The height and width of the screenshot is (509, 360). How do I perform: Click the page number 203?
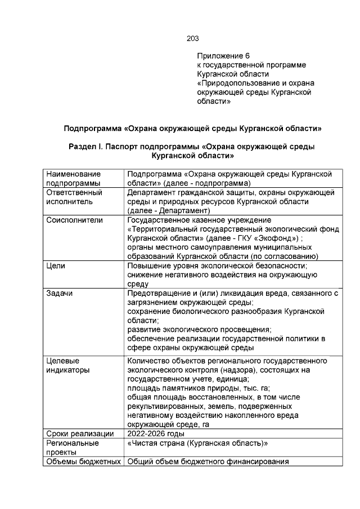pos(192,39)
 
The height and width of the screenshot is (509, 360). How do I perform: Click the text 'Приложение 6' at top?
pos(223,56)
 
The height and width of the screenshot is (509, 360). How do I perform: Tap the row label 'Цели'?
pos(56,265)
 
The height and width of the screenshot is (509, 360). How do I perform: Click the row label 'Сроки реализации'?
pos(79,434)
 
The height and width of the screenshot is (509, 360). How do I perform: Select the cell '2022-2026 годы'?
pos(156,434)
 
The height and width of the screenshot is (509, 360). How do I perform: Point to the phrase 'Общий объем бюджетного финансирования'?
pos(208,462)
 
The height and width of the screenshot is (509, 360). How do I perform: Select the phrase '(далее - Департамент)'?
pos(169,210)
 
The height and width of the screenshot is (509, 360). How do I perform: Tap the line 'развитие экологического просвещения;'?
pos(199,330)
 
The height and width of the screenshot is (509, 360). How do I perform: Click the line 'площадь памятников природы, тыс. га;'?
pos(199,388)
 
